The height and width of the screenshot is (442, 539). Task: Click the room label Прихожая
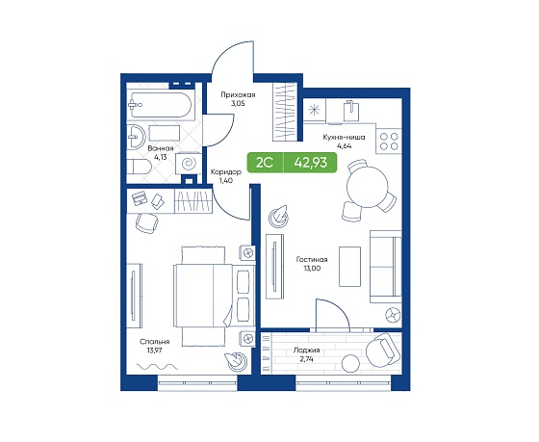pyautogui.click(x=238, y=94)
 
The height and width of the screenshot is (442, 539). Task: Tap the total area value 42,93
pyautogui.click(x=310, y=162)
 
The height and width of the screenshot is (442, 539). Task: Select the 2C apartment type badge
pyautogui.click(x=265, y=162)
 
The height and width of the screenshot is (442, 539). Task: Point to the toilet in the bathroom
pyautogui.click(x=140, y=168)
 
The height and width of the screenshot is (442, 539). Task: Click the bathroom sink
pyautogui.click(x=136, y=137)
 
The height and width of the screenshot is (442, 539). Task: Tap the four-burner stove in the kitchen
pyautogui.click(x=389, y=142)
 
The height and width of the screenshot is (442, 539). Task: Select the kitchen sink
pyautogui.click(x=351, y=111)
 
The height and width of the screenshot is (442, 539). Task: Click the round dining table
pyautogui.click(x=368, y=187)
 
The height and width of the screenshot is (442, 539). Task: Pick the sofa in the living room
pyautogui.click(x=385, y=267)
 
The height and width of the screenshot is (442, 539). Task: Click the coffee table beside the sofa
pyautogui.click(x=350, y=267)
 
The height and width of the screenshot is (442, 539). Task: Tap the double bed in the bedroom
pyautogui.click(x=214, y=296)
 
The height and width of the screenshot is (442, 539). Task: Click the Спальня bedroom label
pyautogui.click(x=155, y=342)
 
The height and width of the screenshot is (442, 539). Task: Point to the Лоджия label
pyautogui.click(x=306, y=351)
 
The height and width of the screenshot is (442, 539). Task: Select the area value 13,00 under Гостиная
pyautogui.click(x=312, y=269)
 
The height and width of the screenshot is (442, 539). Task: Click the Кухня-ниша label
pyautogui.click(x=344, y=138)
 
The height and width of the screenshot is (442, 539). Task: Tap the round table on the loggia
pyautogui.click(x=350, y=363)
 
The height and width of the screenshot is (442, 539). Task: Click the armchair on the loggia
pyautogui.click(x=382, y=350)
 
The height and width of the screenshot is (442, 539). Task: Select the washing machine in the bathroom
pyautogui.click(x=188, y=163)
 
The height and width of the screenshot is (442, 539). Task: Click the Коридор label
pyautogui.click(x=226, y=171)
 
